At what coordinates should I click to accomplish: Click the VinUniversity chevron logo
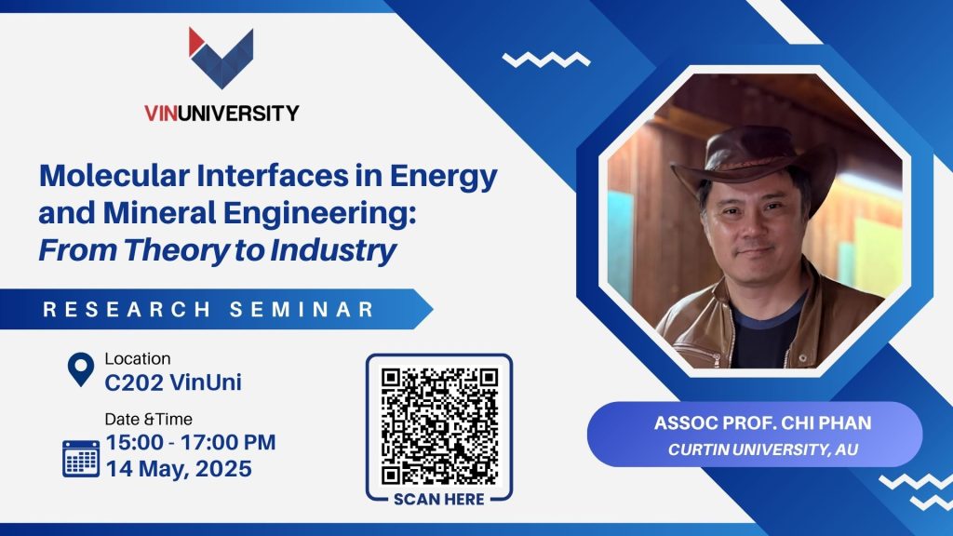pyautogui.click(x=221, y=58)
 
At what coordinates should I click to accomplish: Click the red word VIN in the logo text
pyautogui.click(x=160, y=113)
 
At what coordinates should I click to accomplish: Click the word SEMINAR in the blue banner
pyautogui.click(x=302, y=309)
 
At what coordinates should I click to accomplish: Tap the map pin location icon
pyautogui.click(x=81, y=368)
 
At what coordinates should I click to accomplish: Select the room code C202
pyautogui.click(x=134, y=382)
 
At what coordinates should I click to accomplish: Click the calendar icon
pyautogui.click(x=81, y=459)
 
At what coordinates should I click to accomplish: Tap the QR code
pyautogui.click(x=439, y=426)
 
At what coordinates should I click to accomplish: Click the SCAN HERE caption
pyautogui.click(x=439, y=500)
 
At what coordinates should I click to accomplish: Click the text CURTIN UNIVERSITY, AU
pyautogui.click(x=763, y=449)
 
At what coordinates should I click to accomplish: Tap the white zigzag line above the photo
pyautogui.click(x=545, y=60)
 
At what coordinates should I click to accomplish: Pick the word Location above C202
pyautogui.click(x=138, y=358)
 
